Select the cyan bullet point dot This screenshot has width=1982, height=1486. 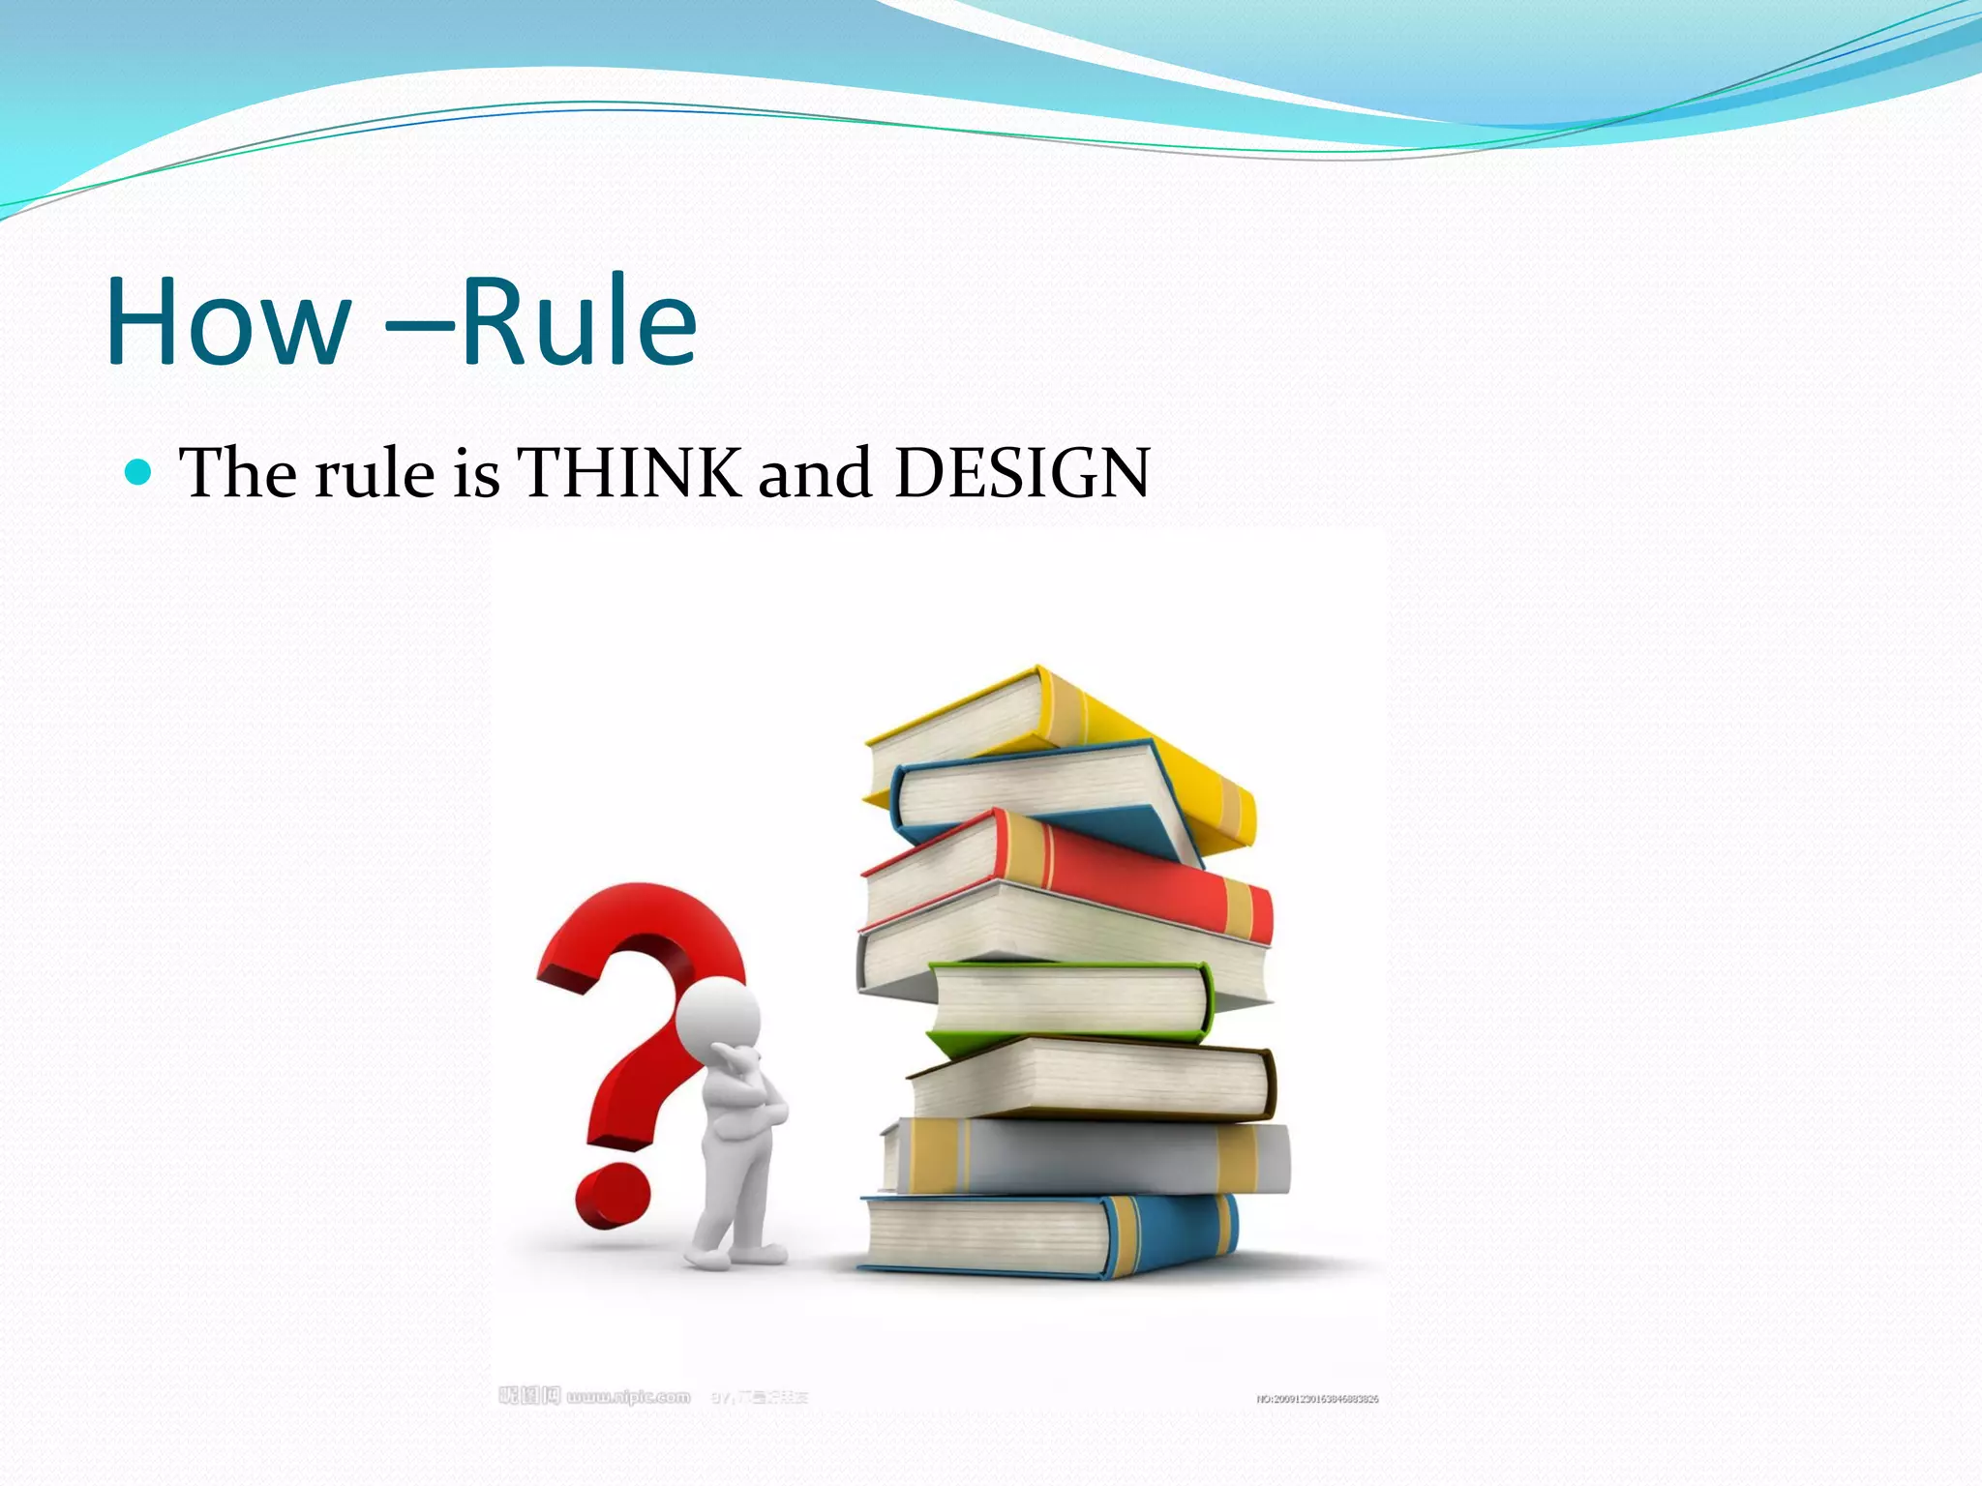pyautogui.click(x=139, y=472)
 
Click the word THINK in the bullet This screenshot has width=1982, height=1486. pyautogui.click(x=629, y=473)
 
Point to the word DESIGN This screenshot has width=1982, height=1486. pyautogui.click(x=1022, y=473)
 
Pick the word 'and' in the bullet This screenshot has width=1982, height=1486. pyautogui.click(x=815, y=473)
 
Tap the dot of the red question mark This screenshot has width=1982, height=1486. pyautogui.click(x=611, y=1196)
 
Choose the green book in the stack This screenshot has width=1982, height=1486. pyautogui.click(x=1069, y=1001)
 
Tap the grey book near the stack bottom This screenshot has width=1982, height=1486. pyautogui.click(x=1094, y=1157)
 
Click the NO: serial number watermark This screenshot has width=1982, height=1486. pyautogui.click(x=1317, y=1399)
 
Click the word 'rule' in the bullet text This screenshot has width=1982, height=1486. pyautogui.click(x=375, y=473)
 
